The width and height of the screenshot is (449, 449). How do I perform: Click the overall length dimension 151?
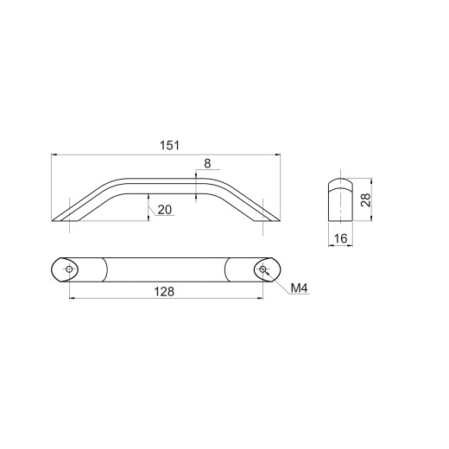coord(169,145)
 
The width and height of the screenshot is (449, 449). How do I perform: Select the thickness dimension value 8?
coord(207,163)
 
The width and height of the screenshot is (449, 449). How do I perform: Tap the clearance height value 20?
coord(165,210)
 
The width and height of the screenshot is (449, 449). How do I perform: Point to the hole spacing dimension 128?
coord(164,292)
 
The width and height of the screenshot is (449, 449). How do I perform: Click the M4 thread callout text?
coord(300,288)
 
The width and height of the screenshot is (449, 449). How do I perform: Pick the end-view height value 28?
coord(365,199)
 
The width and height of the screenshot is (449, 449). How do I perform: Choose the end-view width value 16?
coord(340,238)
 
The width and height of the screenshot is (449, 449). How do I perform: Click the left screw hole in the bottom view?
coord(69,269)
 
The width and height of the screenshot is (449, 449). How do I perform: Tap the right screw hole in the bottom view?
coord(262,269)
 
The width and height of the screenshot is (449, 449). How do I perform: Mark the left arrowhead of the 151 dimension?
coord(54,155)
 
